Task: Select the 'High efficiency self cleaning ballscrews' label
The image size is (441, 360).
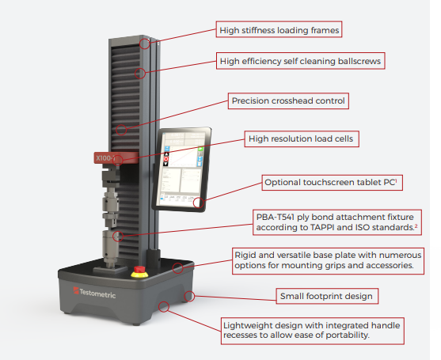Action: (302, 60)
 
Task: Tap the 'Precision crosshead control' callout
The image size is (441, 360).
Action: (288, 101)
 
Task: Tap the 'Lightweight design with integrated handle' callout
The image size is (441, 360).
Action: (313, 329)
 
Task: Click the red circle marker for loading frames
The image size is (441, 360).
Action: (146, 44)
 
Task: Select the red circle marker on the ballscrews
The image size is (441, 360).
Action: (140, 74)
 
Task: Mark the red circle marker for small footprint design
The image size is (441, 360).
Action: (189, 297)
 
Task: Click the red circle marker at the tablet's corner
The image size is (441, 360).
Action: (198, 203)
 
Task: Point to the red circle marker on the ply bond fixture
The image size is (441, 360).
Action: (116, 235)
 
